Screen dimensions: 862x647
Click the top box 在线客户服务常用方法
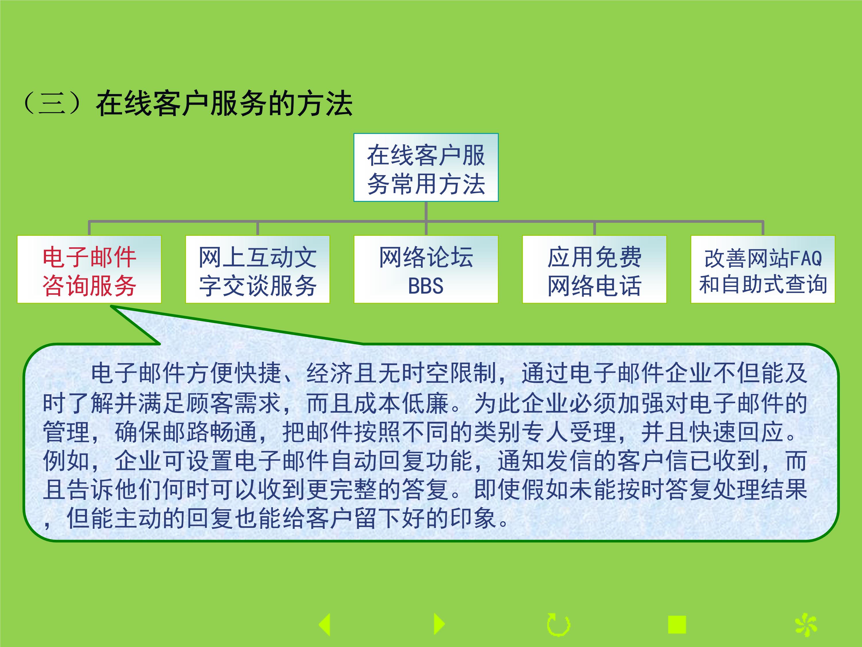426,167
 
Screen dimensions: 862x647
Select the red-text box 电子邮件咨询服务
89,269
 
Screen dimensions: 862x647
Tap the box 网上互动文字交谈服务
257,269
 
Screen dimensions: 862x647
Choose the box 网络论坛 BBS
426,269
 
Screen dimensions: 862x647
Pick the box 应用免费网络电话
594,269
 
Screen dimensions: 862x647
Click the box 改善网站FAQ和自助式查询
763,269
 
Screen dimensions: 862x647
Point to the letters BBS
426,286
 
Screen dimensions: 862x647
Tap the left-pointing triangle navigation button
325,624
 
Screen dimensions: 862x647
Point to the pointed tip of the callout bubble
111,306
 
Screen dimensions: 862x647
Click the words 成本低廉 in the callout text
402,403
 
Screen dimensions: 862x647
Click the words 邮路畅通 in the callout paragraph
210,432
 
